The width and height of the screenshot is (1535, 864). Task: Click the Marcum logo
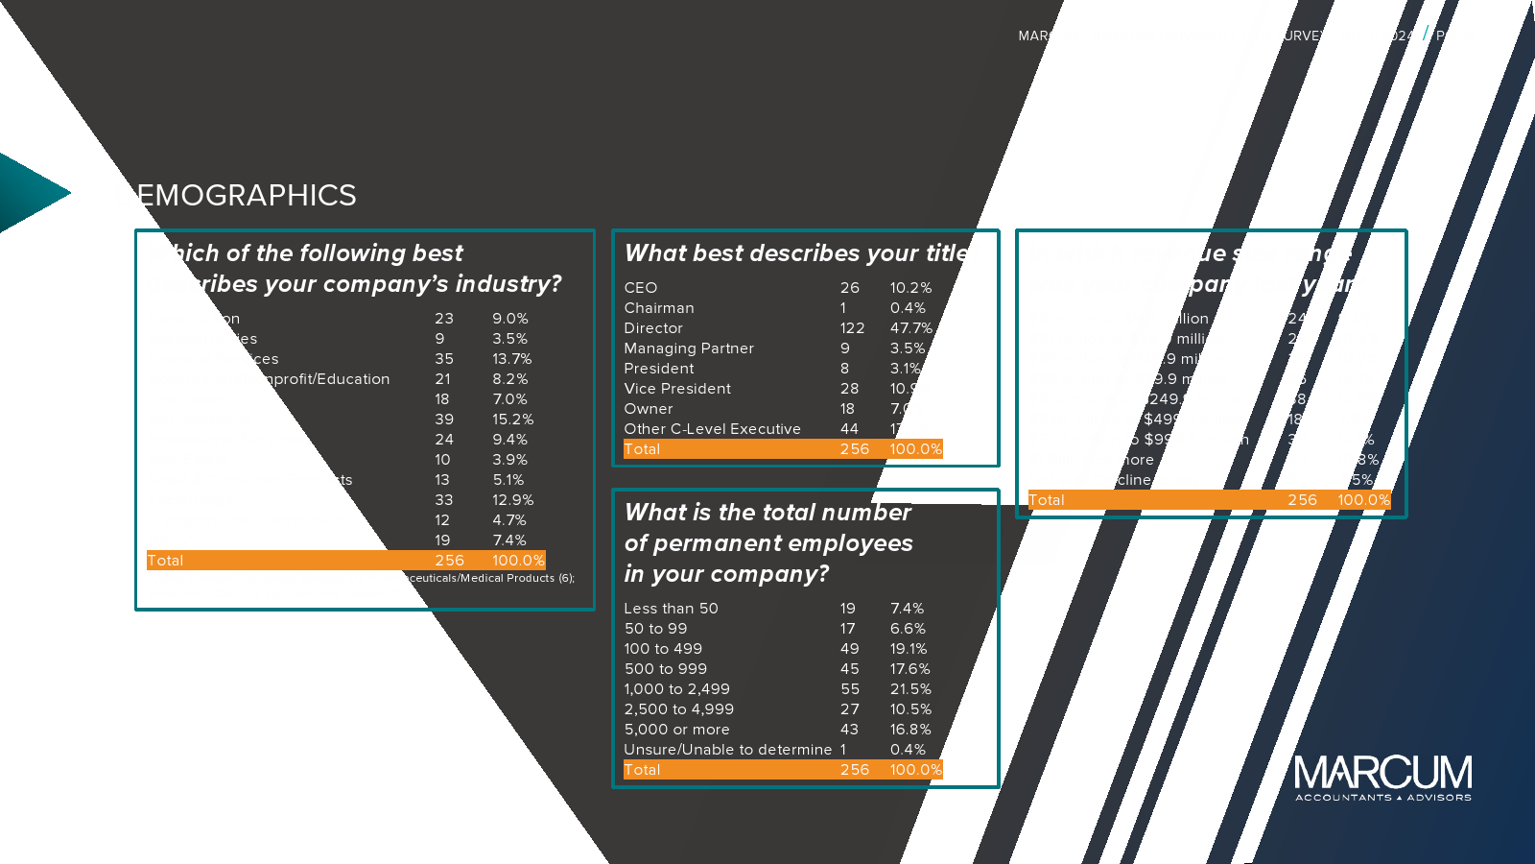1382,777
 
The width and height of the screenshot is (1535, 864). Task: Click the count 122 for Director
852,328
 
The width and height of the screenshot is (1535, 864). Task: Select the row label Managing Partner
689,348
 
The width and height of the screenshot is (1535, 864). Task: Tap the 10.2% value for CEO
910,288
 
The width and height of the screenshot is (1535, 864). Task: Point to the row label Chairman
659,308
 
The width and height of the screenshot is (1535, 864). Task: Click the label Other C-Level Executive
712,429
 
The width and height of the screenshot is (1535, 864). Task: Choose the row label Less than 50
671,609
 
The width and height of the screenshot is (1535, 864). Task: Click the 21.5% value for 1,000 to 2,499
910,689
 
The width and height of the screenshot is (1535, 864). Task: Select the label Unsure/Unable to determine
727,750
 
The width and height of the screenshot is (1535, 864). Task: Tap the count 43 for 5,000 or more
850,730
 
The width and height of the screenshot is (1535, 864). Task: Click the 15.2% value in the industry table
512,420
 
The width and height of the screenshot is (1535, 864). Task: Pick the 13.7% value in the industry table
511,359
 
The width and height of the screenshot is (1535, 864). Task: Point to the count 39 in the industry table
444,420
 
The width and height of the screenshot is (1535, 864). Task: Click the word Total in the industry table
165,561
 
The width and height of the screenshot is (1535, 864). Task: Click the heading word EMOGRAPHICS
247,196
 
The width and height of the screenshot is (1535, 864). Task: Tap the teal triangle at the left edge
29,193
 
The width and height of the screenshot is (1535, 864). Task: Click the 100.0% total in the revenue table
1363,500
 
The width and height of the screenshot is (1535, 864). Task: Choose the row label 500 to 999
665,669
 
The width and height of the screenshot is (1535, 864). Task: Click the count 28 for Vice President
849,389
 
